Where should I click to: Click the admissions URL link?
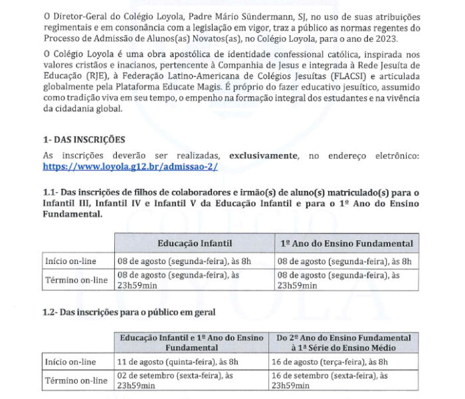coord(130,167)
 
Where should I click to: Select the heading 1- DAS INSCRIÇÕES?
coord(84,140)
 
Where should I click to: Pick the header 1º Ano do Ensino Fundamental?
coord(347,243)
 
